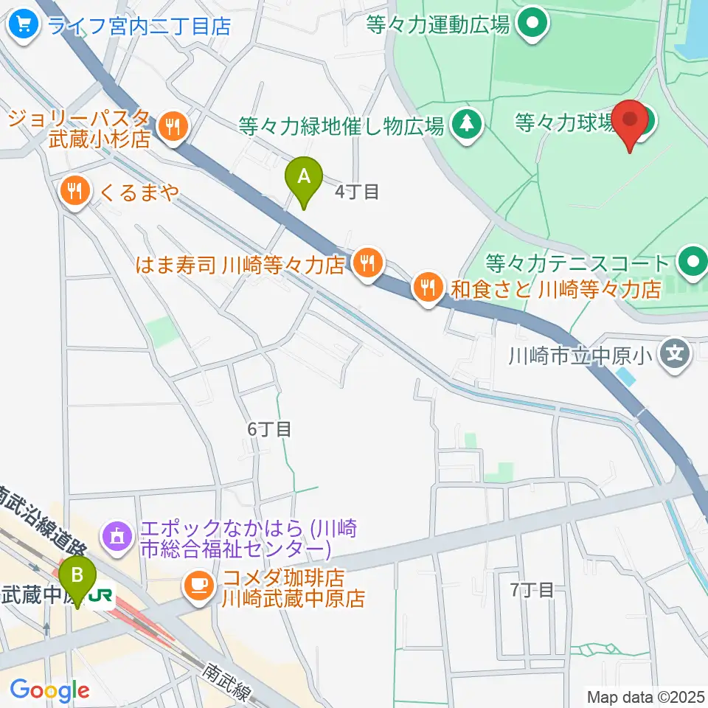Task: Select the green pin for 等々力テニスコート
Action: [x=693, y=262]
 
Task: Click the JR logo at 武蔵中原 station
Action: [x=100, y=595]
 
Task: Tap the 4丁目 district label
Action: [x=357, y=192]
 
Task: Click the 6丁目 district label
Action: [x=269, y=428]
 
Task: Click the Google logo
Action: [x=49, y=690]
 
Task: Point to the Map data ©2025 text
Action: [x=646, y=695]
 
